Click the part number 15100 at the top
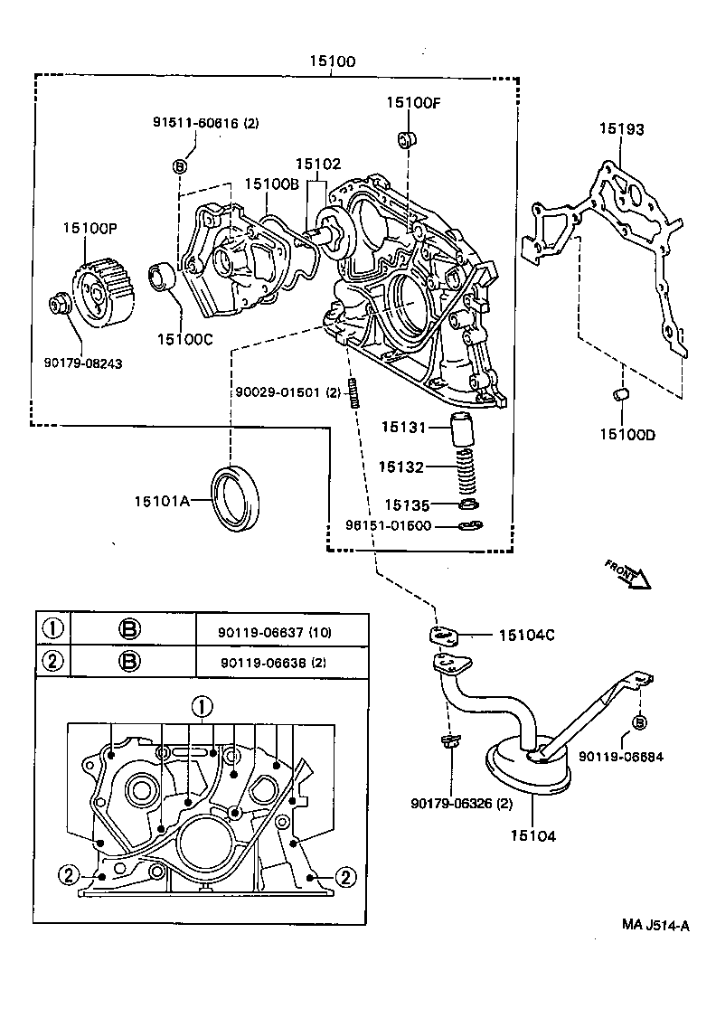pyautogui.click(x=330, y=62)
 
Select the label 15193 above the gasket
pyautogui.click(x=621, y=129)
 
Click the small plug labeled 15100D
pyautogui.click(x=620, y=394)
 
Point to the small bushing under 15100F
pyautogui.click(x=407, y=139)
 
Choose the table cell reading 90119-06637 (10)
pyautogui.click(x=274, y=632)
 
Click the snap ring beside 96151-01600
pyautogui.click(x=466, y=526)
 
